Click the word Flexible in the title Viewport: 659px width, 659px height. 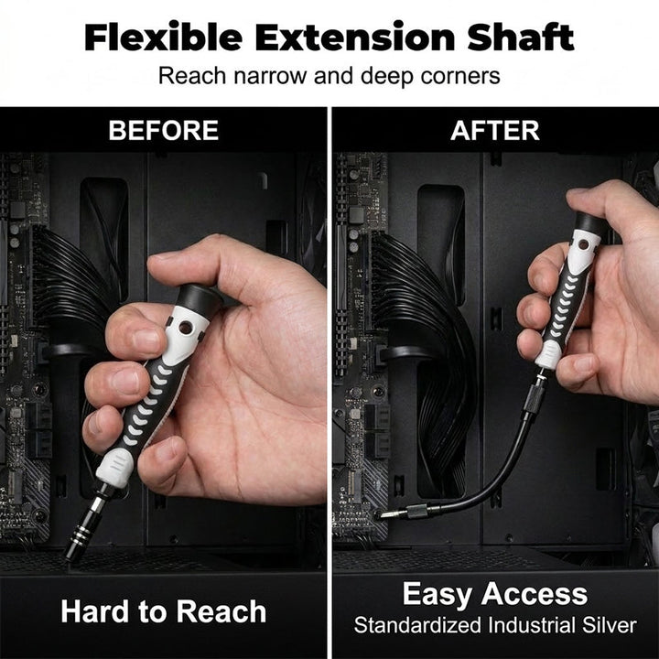[163, 38]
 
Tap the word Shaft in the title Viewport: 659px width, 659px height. [520, 38]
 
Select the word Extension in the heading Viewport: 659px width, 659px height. [355, 38]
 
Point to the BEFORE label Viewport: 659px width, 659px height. [164, 130]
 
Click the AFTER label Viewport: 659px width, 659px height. [494, 130]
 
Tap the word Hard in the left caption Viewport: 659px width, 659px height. [94, 611]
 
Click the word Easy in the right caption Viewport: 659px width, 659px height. [437, 595]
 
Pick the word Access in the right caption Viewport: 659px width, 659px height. [535, 594]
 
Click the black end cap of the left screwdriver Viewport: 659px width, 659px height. [197, 300]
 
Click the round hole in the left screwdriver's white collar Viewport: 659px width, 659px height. [185, 328]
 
